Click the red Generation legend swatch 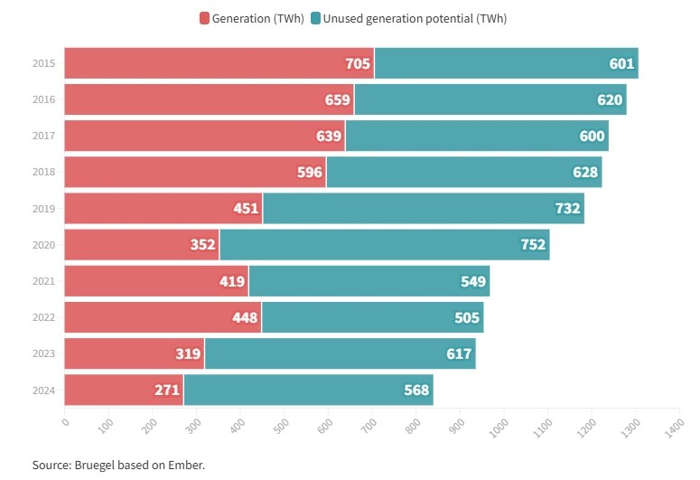204,19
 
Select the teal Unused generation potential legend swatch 315,19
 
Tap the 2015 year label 43,64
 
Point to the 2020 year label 43,245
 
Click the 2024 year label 43,391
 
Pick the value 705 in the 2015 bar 358,64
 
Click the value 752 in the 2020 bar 534,245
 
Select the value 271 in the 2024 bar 167,391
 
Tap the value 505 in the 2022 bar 467,317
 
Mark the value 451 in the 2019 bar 246,209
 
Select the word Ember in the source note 185,465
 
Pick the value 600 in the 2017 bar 592,136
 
